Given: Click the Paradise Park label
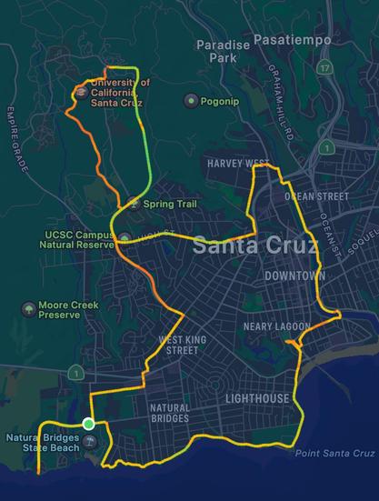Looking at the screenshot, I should point(215,50).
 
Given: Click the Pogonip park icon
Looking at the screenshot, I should point(191,101).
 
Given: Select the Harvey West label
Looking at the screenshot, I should point(238,164).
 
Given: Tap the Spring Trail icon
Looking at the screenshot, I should point(134,204).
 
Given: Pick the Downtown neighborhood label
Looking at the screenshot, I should point(294,276).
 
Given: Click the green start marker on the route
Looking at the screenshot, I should point(88,424).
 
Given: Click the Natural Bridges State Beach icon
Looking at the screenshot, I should point(90,442).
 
